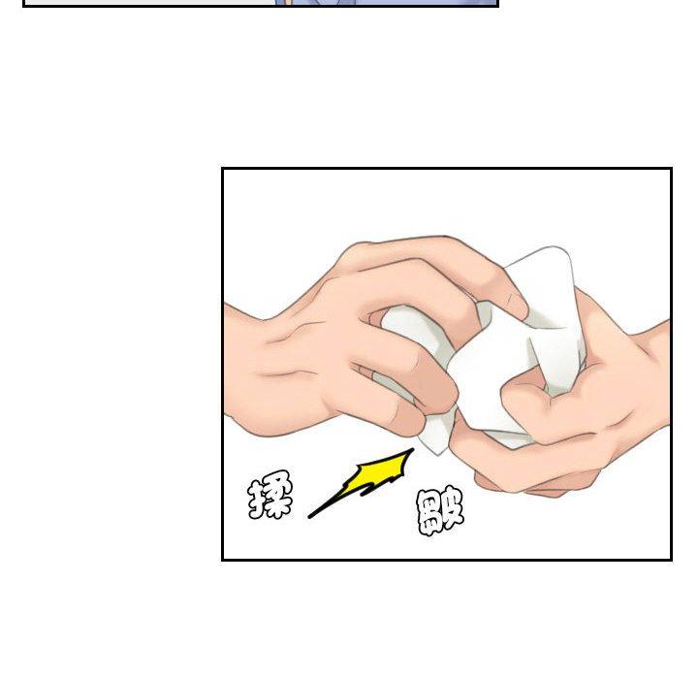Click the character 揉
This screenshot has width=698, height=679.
(x=270, y=495)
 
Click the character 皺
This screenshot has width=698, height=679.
(x=440, y=511)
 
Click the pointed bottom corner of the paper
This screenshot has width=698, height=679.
(x=438, y=454)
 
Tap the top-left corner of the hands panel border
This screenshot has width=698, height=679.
(x=223, y=169)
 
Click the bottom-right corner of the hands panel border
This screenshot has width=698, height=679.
(x=671, y=559)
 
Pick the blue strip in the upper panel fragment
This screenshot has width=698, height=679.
(x=387, y=2)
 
